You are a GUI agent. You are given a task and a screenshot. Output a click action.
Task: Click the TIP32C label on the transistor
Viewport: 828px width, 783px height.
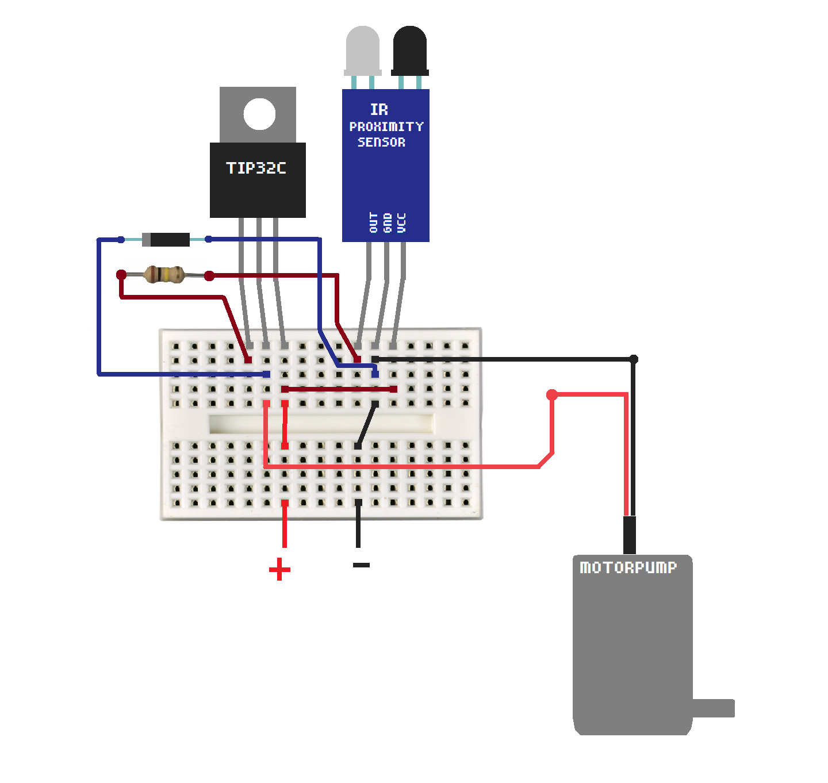tap(256, 168)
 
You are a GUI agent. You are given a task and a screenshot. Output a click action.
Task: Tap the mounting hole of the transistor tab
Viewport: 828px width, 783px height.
tap(259, 114)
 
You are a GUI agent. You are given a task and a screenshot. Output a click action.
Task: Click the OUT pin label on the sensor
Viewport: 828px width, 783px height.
tap(374, 222)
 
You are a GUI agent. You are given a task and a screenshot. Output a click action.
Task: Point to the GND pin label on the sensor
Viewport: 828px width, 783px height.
tap(388, 222)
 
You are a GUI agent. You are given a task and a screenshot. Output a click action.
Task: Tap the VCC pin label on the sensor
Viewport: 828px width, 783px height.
tap(401, 222)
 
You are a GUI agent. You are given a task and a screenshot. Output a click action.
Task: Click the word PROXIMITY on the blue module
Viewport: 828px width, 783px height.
tap(386, 126)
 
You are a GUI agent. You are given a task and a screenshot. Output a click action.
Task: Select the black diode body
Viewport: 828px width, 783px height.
tap(166, 239)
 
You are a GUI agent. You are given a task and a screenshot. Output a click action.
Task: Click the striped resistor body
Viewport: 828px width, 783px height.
tap(164, 275)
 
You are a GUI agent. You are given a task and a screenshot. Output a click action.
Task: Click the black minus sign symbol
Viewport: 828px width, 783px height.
tap(361, 565)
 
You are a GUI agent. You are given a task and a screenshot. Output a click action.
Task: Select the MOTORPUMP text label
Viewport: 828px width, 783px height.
tap(628, 567)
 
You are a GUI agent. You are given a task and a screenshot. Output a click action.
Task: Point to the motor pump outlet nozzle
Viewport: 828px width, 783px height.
tap(714, 708)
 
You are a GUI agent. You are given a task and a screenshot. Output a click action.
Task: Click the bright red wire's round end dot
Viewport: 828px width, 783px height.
tap(552, 394)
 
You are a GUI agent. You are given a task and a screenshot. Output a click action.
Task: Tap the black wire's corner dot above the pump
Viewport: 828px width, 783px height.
tap(633, 359)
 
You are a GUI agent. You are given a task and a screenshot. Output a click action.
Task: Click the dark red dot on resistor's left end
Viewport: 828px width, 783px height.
tap(121, 275)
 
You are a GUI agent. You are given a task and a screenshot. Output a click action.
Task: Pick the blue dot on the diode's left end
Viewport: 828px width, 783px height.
tap(121, 239)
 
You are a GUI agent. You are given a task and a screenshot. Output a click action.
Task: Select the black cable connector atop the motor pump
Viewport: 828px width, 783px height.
tap(630, 535)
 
